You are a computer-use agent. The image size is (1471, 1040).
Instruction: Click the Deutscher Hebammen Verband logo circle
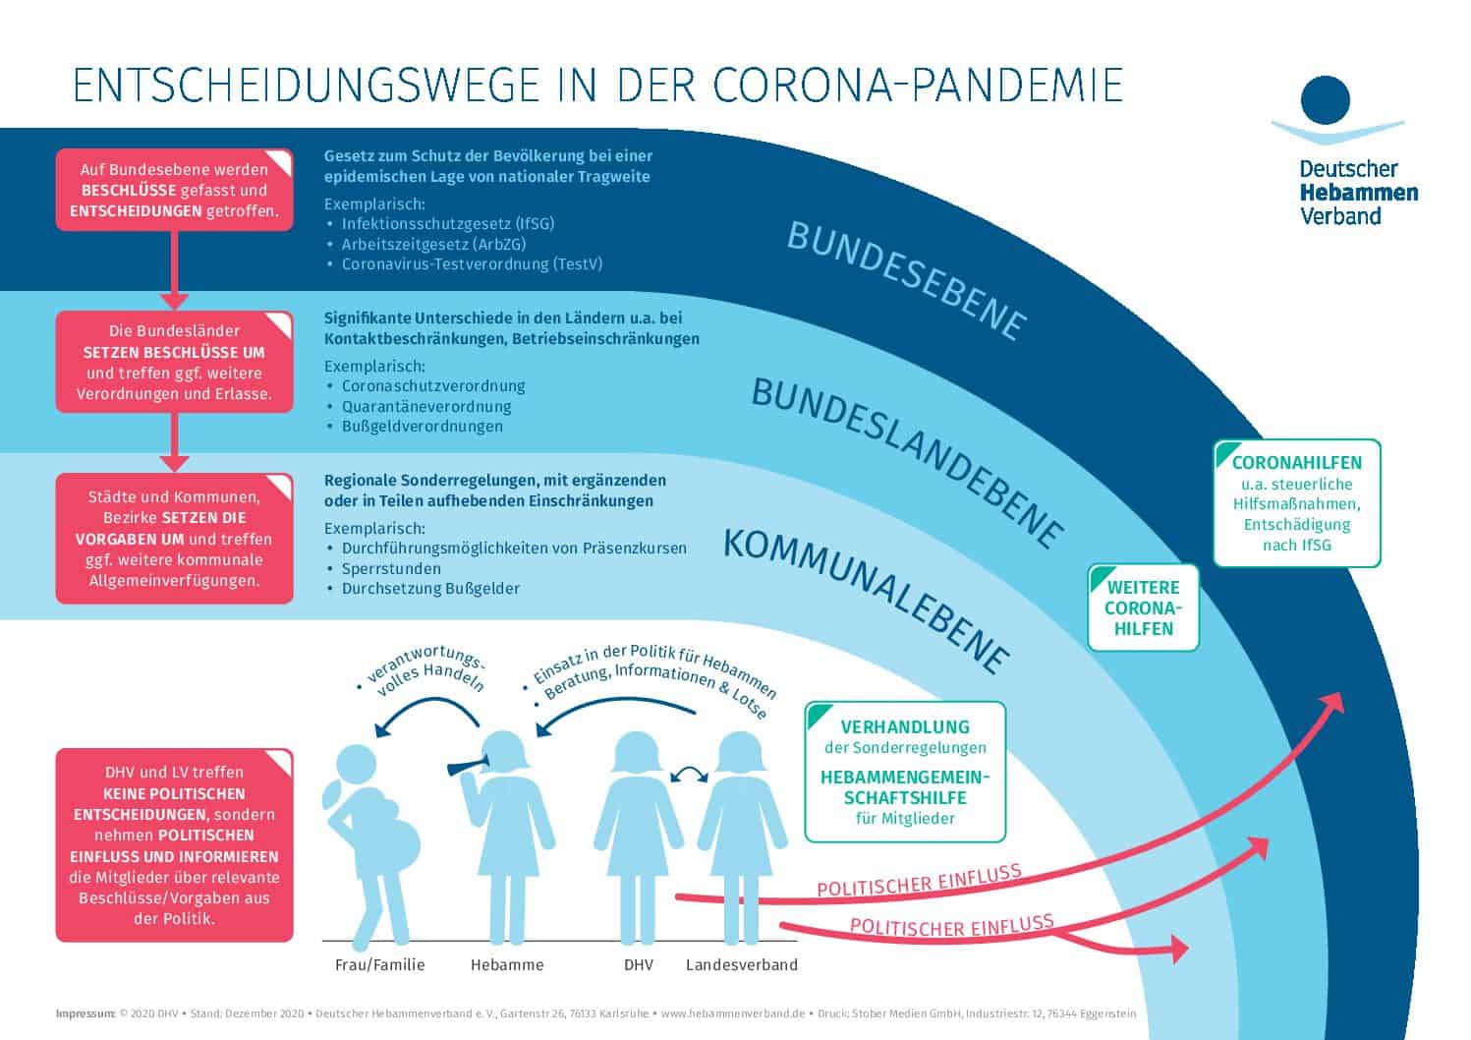(1325, 100)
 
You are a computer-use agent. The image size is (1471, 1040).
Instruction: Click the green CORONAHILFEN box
(1296, 503)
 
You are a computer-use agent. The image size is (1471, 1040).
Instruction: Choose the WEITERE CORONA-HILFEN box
(1143, 607)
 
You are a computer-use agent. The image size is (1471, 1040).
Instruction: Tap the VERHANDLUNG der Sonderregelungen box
(904, 772)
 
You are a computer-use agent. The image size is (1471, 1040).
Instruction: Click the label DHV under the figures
(639, 964)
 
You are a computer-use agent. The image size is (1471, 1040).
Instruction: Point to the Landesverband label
(741, 964)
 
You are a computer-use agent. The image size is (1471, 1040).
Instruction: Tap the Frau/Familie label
(379, 964)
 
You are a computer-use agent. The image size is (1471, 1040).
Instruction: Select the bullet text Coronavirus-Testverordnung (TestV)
(472, 264)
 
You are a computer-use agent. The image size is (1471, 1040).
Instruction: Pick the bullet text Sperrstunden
(391, 568)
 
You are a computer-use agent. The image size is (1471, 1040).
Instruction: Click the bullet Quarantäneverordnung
(426, 406)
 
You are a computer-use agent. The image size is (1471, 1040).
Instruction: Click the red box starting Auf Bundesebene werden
(174, 190)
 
